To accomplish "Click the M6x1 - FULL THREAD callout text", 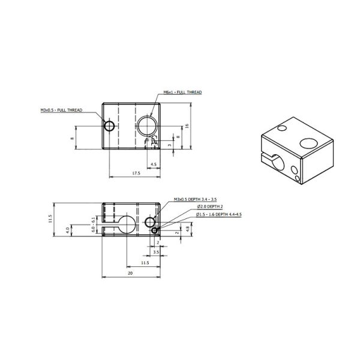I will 182,93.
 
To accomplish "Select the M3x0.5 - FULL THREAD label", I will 61,110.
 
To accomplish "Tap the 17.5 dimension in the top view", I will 135,173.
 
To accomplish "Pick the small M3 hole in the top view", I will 109,125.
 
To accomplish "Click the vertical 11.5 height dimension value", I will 51,220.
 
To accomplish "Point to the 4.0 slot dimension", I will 68,229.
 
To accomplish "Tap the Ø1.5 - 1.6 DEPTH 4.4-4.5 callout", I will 219,214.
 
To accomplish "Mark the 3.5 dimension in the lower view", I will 155,253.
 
